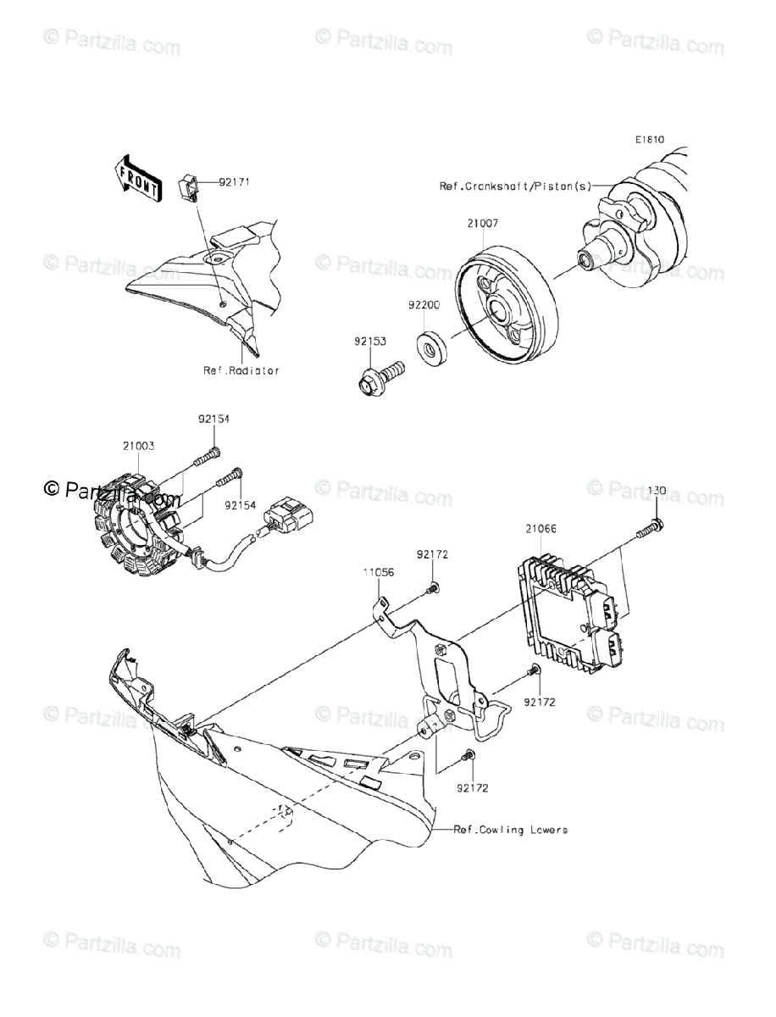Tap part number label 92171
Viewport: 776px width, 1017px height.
pyautogui.click(x=234, y=182)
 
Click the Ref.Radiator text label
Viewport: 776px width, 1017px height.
pyautogui.click(x=241, y=370)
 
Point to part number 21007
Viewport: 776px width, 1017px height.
pyautogui.click(x=482, y=224)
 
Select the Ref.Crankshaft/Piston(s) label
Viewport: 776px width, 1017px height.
pyautogui.click(x=513, y=186)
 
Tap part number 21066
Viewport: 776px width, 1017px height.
pyautogui.click(x=540, y=529)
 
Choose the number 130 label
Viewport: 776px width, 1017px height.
pyautogui.click(x=657, y=491)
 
